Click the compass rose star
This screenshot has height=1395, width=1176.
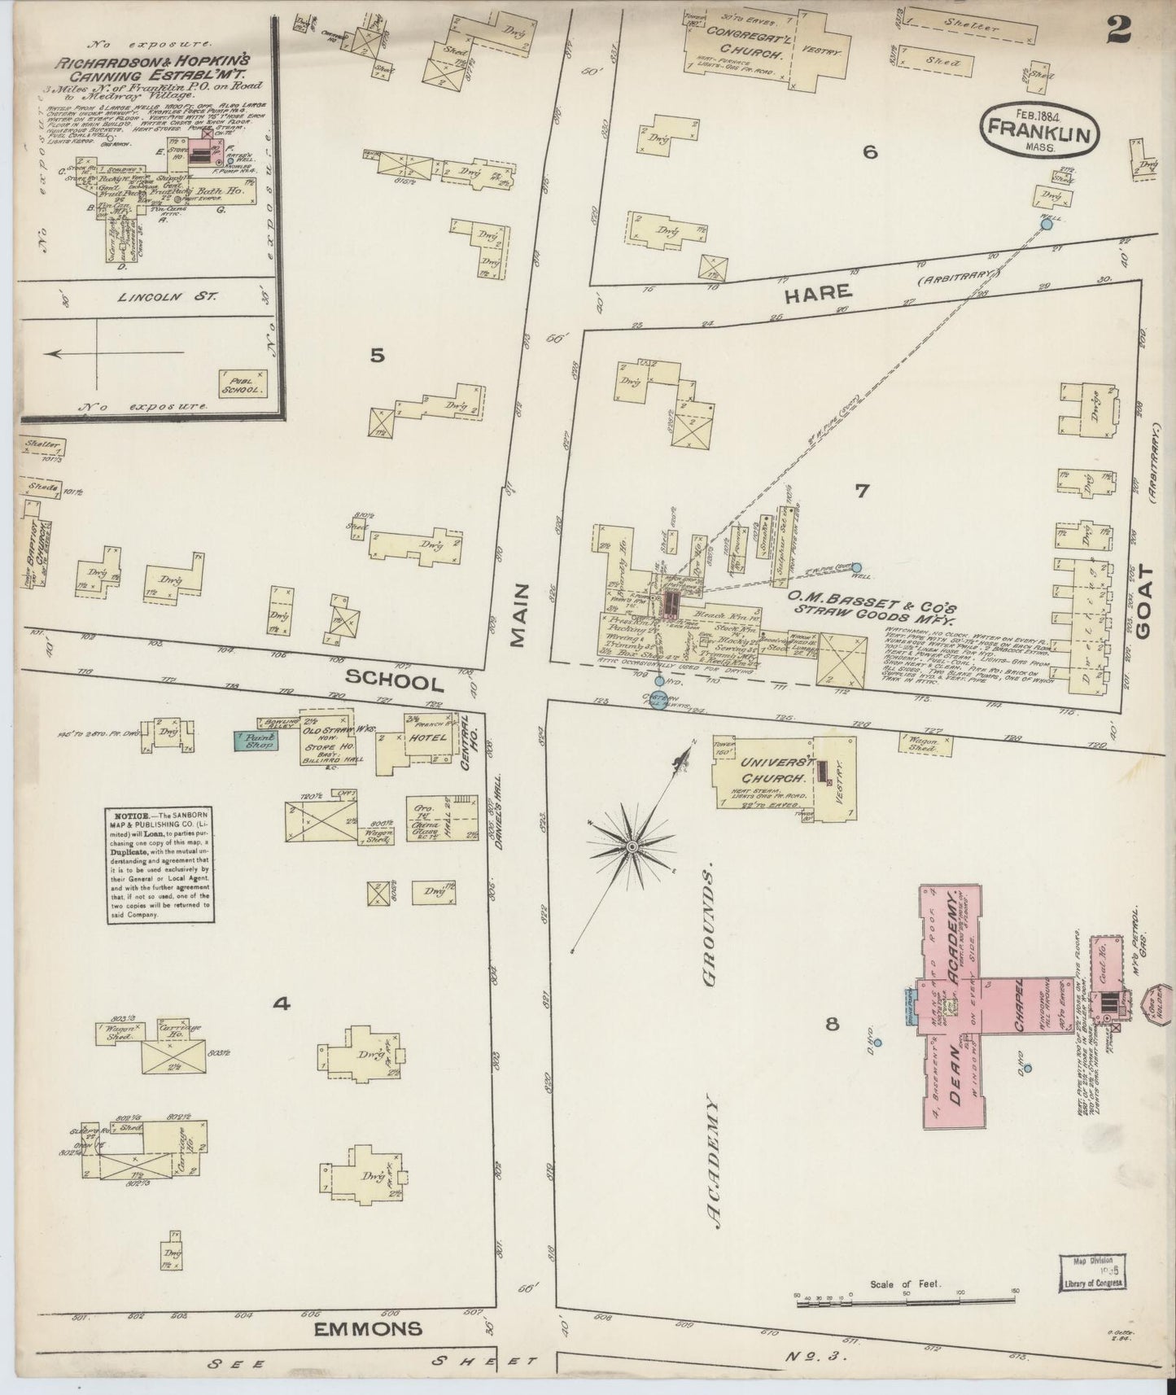tap(631, 847)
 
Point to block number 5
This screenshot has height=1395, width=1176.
tap(377, 356)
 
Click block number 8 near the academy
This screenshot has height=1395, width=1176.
tap(832, 1025)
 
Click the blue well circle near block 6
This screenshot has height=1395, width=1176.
tap(1047, 224)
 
